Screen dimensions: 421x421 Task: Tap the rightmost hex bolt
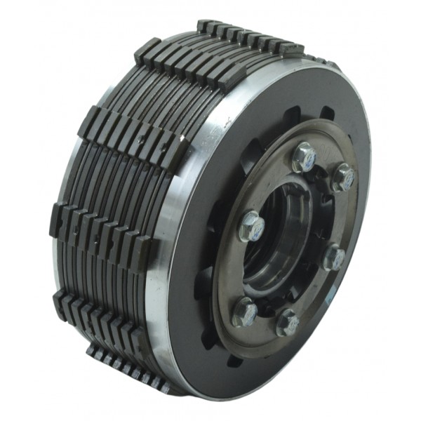343,178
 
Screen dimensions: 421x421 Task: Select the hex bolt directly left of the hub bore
251,225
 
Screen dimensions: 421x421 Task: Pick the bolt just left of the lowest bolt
246,311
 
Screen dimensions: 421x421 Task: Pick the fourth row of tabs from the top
98,225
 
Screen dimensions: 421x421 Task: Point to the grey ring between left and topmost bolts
270,179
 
